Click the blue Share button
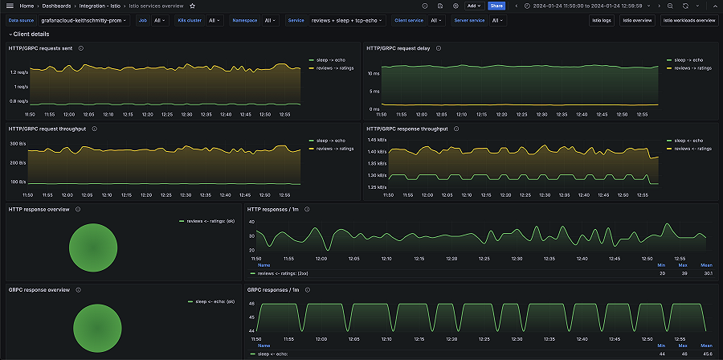tap(496, 6)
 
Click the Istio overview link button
tap(637, 20)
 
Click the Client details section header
tap(31, 35)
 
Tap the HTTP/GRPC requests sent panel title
tap(41, 48)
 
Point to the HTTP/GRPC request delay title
tap(398, 48)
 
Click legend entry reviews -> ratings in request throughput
tap(335, 149)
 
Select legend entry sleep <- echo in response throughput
tap(690, 141)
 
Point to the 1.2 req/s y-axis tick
tap(18, 72)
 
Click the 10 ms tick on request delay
tap(374, 73)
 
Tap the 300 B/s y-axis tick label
tap(18, 143)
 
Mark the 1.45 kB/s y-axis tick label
tap(376, 139)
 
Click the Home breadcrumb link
tap(27, 6)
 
